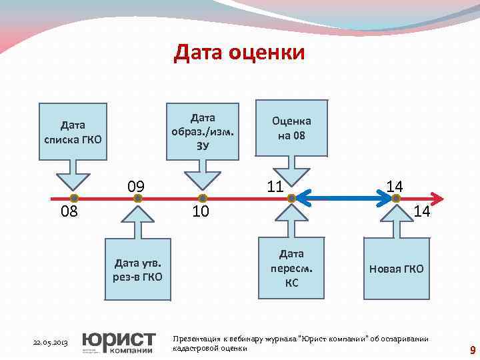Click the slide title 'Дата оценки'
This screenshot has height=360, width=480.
(239, 52)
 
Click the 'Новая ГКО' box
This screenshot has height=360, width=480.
(396, 268)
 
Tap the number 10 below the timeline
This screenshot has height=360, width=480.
(201, 212)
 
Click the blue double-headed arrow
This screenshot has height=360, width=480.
(347, 197)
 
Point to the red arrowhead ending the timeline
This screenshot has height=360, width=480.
(437, 198)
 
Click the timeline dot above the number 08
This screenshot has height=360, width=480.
(74, 198)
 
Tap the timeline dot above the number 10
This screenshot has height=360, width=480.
(203, 198)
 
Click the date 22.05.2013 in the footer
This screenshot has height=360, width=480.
(51, 343)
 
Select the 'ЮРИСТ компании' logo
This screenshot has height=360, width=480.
(118, 341)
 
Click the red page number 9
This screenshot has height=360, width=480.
(472, 350)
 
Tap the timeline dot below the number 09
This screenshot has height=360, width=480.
(138, 198)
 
